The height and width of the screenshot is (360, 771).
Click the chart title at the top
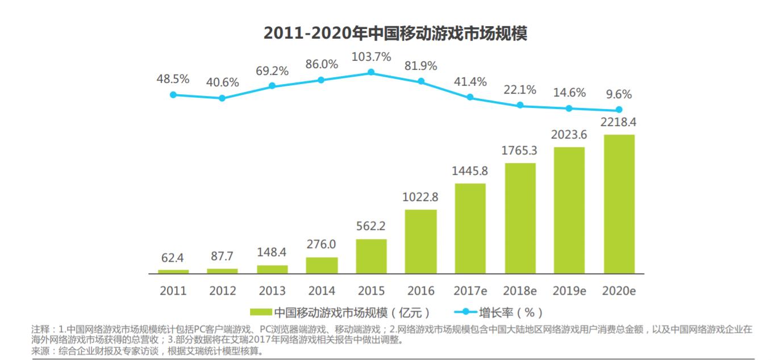395,34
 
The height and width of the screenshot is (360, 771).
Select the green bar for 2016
420,241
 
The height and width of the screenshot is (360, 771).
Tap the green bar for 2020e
619,204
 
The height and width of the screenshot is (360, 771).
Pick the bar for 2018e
520,218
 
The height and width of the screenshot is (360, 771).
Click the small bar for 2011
173,271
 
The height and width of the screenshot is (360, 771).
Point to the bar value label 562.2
371,226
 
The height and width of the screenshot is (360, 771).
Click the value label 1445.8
470,171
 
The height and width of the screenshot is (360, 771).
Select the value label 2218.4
619,122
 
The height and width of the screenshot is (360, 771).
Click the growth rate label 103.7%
371,57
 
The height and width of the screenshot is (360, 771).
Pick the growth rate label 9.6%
619,94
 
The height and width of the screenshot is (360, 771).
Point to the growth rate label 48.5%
173,79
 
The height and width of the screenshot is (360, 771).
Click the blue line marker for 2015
371,72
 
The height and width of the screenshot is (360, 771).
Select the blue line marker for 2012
222,98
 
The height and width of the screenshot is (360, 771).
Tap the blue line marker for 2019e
569,108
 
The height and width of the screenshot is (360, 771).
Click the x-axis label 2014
322,291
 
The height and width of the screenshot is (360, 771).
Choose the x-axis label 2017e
470,291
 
